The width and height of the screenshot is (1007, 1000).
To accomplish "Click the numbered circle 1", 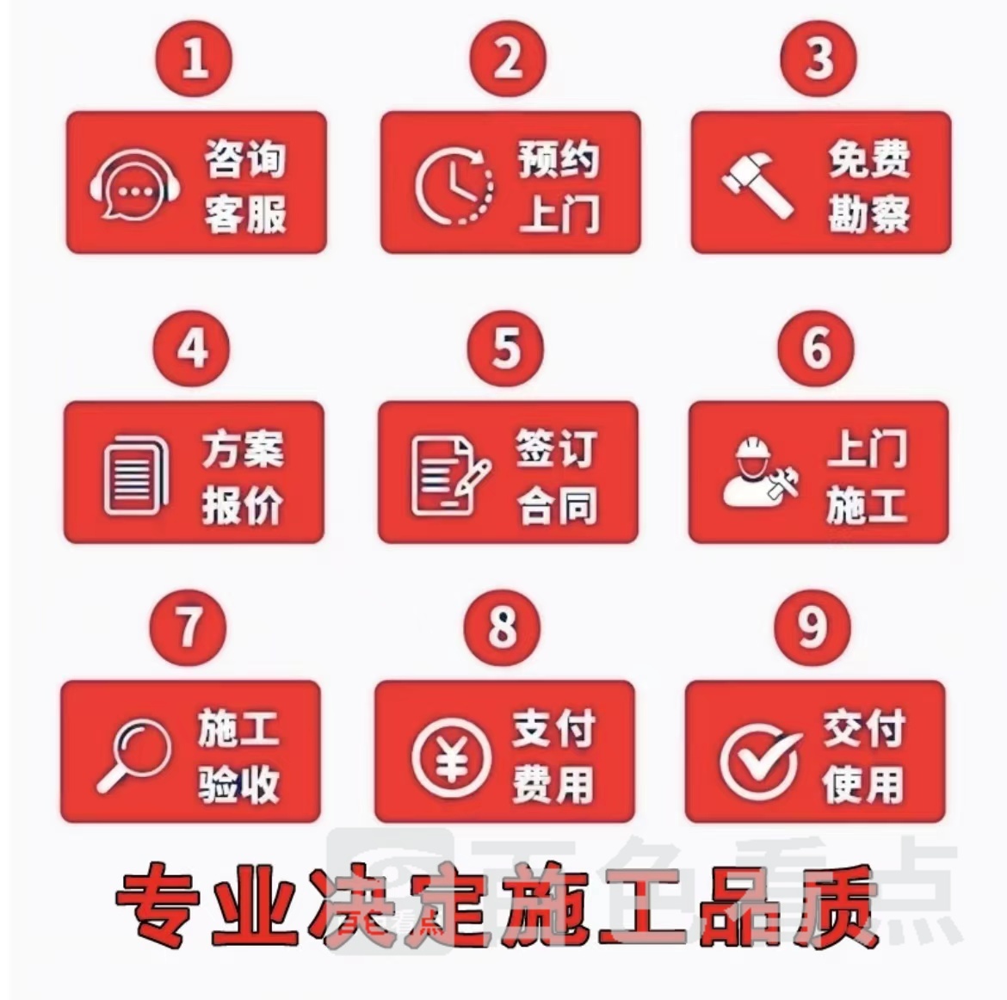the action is (195, 59).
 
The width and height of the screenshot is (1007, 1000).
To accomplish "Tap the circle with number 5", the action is (505, 349).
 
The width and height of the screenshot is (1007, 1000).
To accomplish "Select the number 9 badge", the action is (813, 627).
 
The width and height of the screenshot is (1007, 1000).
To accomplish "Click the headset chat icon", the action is (134, 186).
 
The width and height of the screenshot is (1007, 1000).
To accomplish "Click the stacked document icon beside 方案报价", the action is (135, 475).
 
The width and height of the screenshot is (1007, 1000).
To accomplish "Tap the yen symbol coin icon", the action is (452, 758).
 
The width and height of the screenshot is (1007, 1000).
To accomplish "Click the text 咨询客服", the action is (245, 186).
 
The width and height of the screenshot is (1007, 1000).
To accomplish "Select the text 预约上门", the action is (559, 186).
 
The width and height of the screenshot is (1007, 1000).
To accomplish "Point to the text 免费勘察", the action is (869, 186).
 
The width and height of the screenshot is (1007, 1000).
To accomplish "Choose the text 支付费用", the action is (553, 756).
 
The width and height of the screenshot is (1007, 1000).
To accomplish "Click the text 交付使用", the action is (864, 756).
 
